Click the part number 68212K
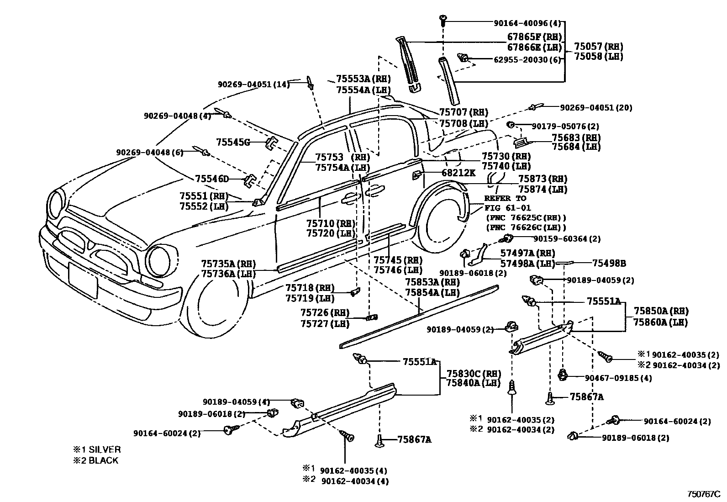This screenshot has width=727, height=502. [458, 173]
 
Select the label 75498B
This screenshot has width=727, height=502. [609, 263]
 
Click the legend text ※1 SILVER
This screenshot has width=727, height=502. [97, 449]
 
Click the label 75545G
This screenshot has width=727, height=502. [233, 143]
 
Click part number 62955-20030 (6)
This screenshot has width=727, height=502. [527, 59]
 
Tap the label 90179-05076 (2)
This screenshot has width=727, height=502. [565, 126]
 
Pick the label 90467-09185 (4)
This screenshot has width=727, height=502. [618, 378]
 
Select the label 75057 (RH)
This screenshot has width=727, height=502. [598, 47]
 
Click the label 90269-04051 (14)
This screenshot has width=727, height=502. [253, 85]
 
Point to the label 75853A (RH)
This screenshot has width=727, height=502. [432, 282]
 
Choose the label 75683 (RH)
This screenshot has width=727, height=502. [576, 137]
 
